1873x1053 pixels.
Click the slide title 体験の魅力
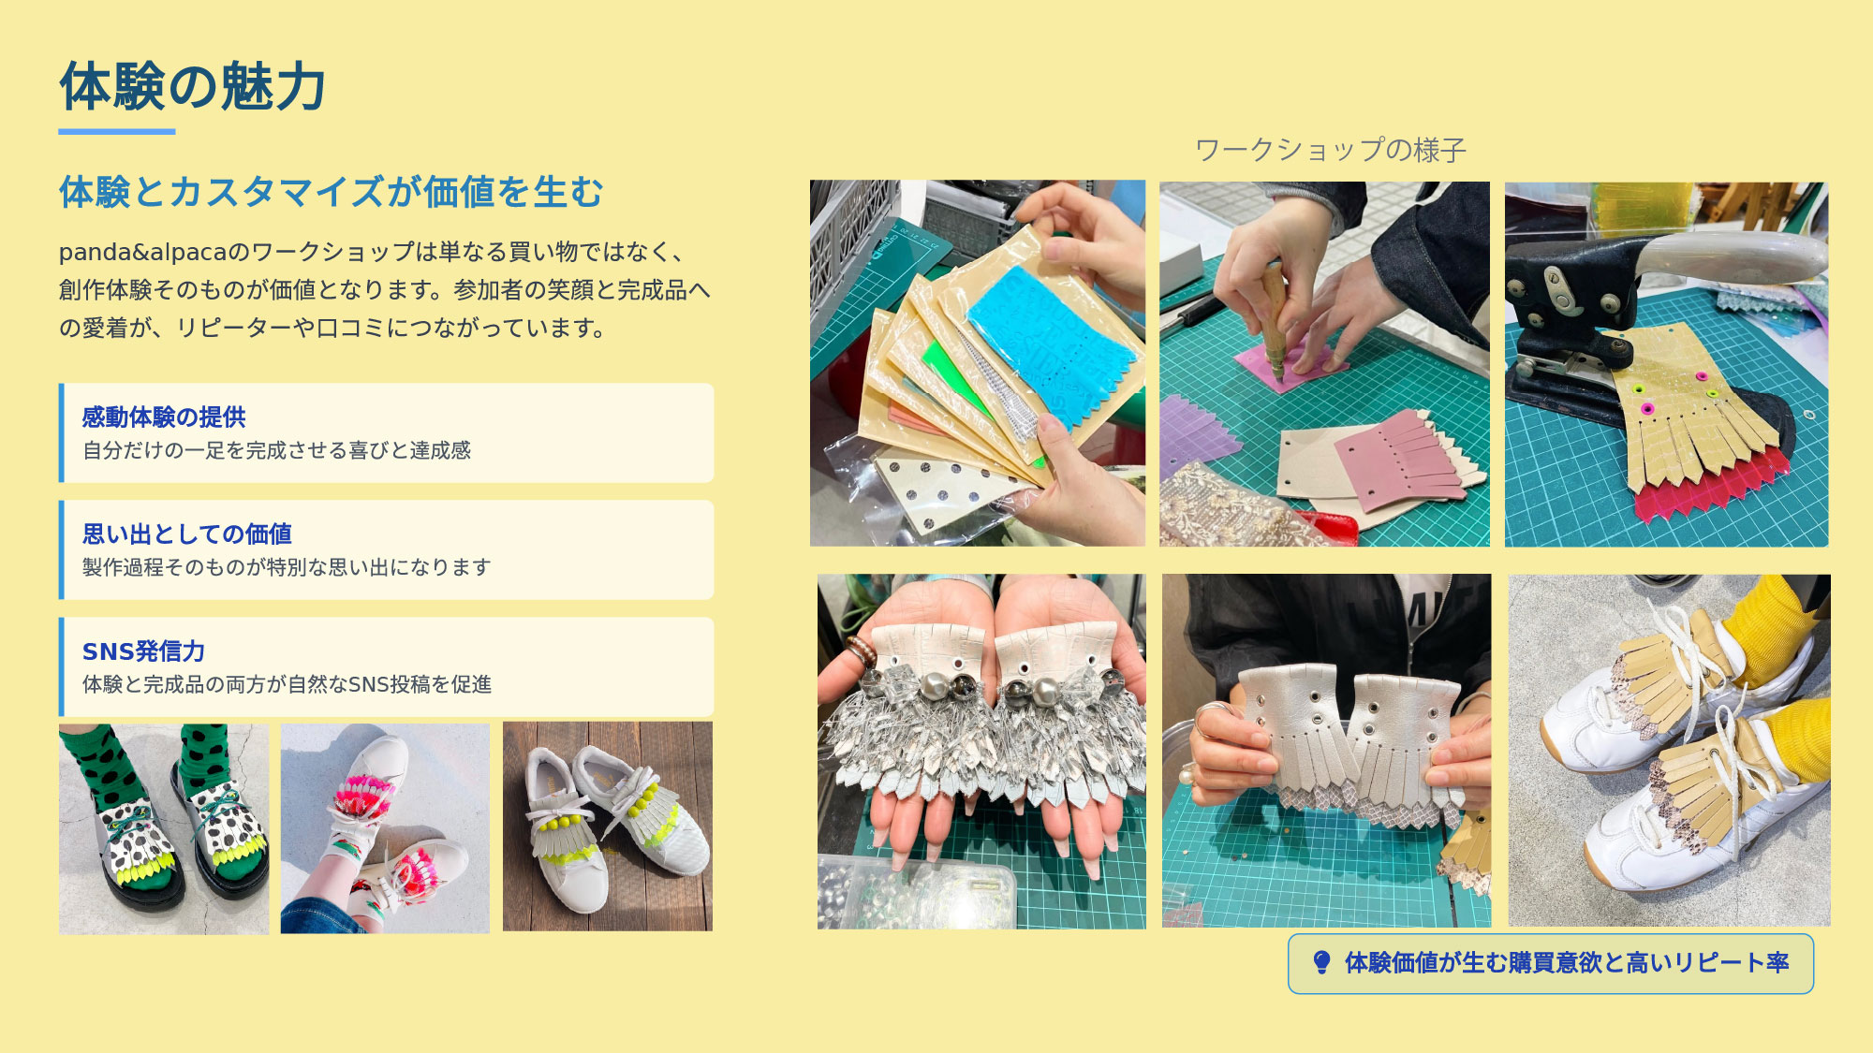(x=193, y=87)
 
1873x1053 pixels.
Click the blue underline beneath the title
(x=117, y=132)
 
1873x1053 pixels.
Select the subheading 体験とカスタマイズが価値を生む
(x=332, y=192)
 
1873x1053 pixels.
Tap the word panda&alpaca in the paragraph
(x=143, y=253)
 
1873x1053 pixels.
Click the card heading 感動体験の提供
(x=164, y=417)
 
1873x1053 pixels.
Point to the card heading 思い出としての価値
(x=187, y=534)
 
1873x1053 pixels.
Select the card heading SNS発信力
(x=143, y=651)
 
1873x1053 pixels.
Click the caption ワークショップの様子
(x=1331, y=150)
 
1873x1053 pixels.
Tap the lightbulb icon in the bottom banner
(x=1321, y=962)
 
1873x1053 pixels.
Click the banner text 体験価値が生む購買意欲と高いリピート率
(x=1567, y=962)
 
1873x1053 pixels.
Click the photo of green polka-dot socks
(x=164, y=828)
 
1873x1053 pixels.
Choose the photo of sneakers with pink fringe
(x=385, y=828)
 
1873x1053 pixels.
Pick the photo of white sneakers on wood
(x=608, y=826)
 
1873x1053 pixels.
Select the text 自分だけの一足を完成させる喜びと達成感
(x=276, y=450)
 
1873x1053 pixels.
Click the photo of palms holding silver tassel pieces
(x=981, y=752)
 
